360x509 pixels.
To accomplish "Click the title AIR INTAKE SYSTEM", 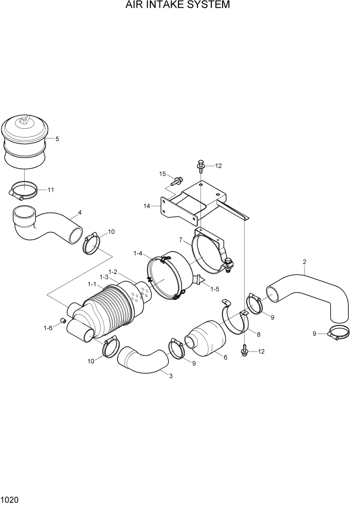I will click(177, 6).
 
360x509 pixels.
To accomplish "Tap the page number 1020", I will click(10, 499).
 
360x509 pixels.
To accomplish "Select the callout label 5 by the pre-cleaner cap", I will click(57, 139).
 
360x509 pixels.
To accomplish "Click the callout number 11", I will click(51, 190).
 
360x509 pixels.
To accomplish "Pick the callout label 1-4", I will click(138, 253).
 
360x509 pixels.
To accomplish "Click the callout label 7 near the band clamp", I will click(181, 240).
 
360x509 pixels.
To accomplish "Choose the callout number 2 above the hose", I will click(305, 262).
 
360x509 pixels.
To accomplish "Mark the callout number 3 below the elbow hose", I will click(171, 376).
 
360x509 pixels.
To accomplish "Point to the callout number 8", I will click(258, 334).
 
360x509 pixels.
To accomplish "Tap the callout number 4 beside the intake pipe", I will click(79, 212).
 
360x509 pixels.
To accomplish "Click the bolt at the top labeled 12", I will click(201, 165).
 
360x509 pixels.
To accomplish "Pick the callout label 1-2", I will click(113, 271).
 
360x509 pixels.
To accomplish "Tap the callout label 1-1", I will click(92, 284).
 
